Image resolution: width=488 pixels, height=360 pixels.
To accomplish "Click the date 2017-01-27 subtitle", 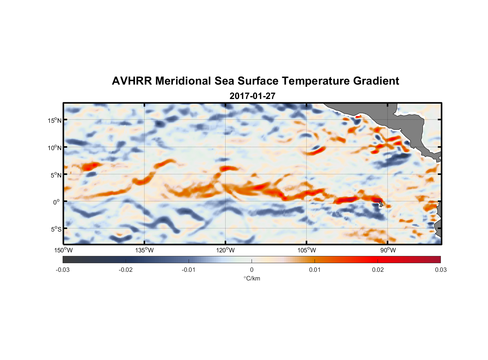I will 252,96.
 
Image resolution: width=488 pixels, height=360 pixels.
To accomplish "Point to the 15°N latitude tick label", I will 55,120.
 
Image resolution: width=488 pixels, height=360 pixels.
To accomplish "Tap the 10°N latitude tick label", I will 55,148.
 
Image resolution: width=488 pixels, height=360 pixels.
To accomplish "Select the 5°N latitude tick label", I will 56,175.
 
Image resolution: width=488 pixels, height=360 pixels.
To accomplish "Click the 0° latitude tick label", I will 57,202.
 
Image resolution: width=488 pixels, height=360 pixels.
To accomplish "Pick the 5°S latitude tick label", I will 56,229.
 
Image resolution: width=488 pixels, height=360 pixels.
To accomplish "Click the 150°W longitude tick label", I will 63,250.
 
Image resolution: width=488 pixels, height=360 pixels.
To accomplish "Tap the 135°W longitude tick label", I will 144,250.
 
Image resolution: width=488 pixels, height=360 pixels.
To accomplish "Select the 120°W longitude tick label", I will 225,250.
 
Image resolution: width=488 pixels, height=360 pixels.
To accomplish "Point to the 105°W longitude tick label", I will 307,250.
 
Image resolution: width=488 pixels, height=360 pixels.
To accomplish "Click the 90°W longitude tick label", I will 388,250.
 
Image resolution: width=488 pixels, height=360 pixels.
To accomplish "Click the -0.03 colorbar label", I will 63,270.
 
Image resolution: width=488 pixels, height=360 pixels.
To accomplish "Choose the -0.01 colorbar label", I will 189,270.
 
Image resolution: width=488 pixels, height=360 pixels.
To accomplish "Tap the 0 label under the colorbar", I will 252,270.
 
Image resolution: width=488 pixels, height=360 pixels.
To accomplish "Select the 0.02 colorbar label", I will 378,270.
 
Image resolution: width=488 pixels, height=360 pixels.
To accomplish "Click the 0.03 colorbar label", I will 441,270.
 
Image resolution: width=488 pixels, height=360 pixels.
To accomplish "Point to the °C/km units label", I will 252,278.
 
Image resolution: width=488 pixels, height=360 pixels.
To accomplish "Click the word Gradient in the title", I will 376,81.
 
